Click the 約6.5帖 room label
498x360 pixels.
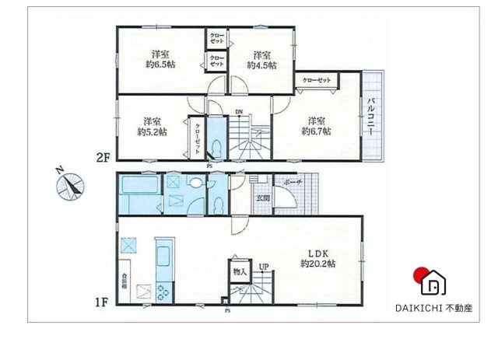[163, 60]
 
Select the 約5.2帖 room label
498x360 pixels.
[152, 126]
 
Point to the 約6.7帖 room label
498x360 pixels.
[316, 126]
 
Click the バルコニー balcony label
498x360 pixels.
[373, 117]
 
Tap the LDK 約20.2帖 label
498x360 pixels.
[320, 259]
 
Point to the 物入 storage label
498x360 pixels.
[240, 271]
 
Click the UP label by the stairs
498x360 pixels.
[264, 267]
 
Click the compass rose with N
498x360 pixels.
[71, 185]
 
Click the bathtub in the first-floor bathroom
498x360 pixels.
[138, 185]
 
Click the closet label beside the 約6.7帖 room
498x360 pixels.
[316, 80]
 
